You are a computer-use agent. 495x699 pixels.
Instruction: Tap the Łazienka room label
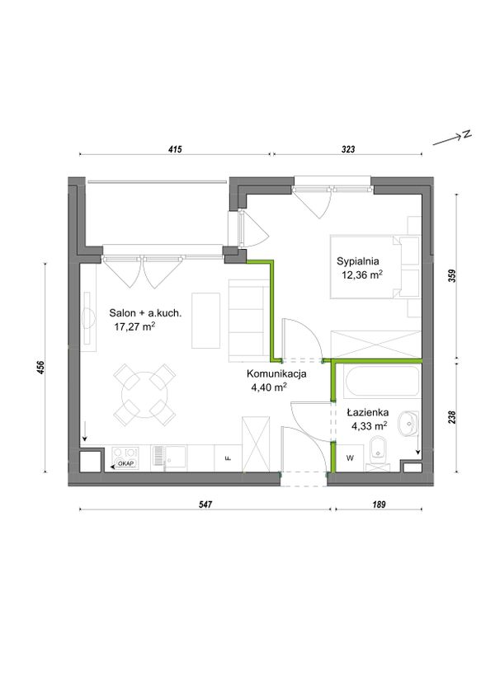tap(368, 412)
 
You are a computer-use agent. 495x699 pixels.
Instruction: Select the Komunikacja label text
tap(276, 373)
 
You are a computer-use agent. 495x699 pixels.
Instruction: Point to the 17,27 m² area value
tap(134, 326)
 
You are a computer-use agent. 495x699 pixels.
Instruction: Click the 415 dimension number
tap(175, 149)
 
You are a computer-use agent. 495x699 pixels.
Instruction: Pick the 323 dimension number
tap(348, 149)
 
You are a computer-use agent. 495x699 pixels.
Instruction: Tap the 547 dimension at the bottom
tap(205, 504)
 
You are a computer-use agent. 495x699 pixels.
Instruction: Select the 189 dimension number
tap(378, 504)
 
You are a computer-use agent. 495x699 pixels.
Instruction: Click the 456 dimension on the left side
tap(41, 367)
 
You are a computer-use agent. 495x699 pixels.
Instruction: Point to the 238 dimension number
tap(453, 417)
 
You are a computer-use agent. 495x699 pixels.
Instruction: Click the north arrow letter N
tap(466, 134)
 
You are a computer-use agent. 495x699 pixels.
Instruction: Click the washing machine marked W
tap(350, 457)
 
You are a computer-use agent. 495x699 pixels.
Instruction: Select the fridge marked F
tap(228, 457)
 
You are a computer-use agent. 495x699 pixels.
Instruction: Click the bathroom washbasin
tap(409, 423)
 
